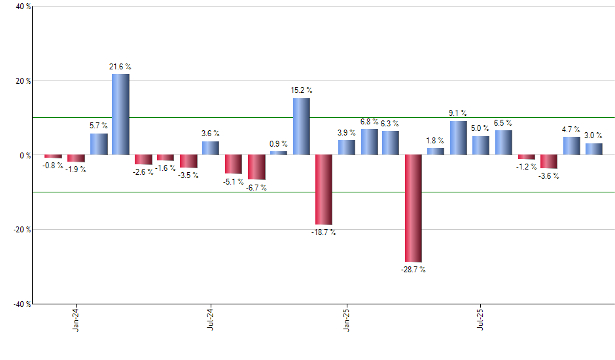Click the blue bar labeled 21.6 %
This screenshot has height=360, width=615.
(120, 115)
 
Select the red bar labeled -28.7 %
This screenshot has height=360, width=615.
(413, 208)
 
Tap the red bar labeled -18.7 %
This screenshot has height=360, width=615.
(323, 190)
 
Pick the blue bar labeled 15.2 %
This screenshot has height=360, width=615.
(301, 126)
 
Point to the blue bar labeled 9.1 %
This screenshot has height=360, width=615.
(458, 138)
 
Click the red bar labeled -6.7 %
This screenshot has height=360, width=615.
(256, 167)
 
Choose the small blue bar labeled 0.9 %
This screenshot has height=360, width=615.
(278, 153)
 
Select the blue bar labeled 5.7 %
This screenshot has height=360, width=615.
(98, 144)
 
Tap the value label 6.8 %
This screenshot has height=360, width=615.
(369, 122)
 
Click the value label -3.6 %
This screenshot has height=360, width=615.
(548, 175)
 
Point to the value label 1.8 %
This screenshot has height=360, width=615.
(435, 140)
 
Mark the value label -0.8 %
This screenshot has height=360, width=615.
(53, 165)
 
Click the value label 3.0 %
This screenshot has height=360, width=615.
(593, 135)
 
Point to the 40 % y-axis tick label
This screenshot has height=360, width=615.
(15, 7)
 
